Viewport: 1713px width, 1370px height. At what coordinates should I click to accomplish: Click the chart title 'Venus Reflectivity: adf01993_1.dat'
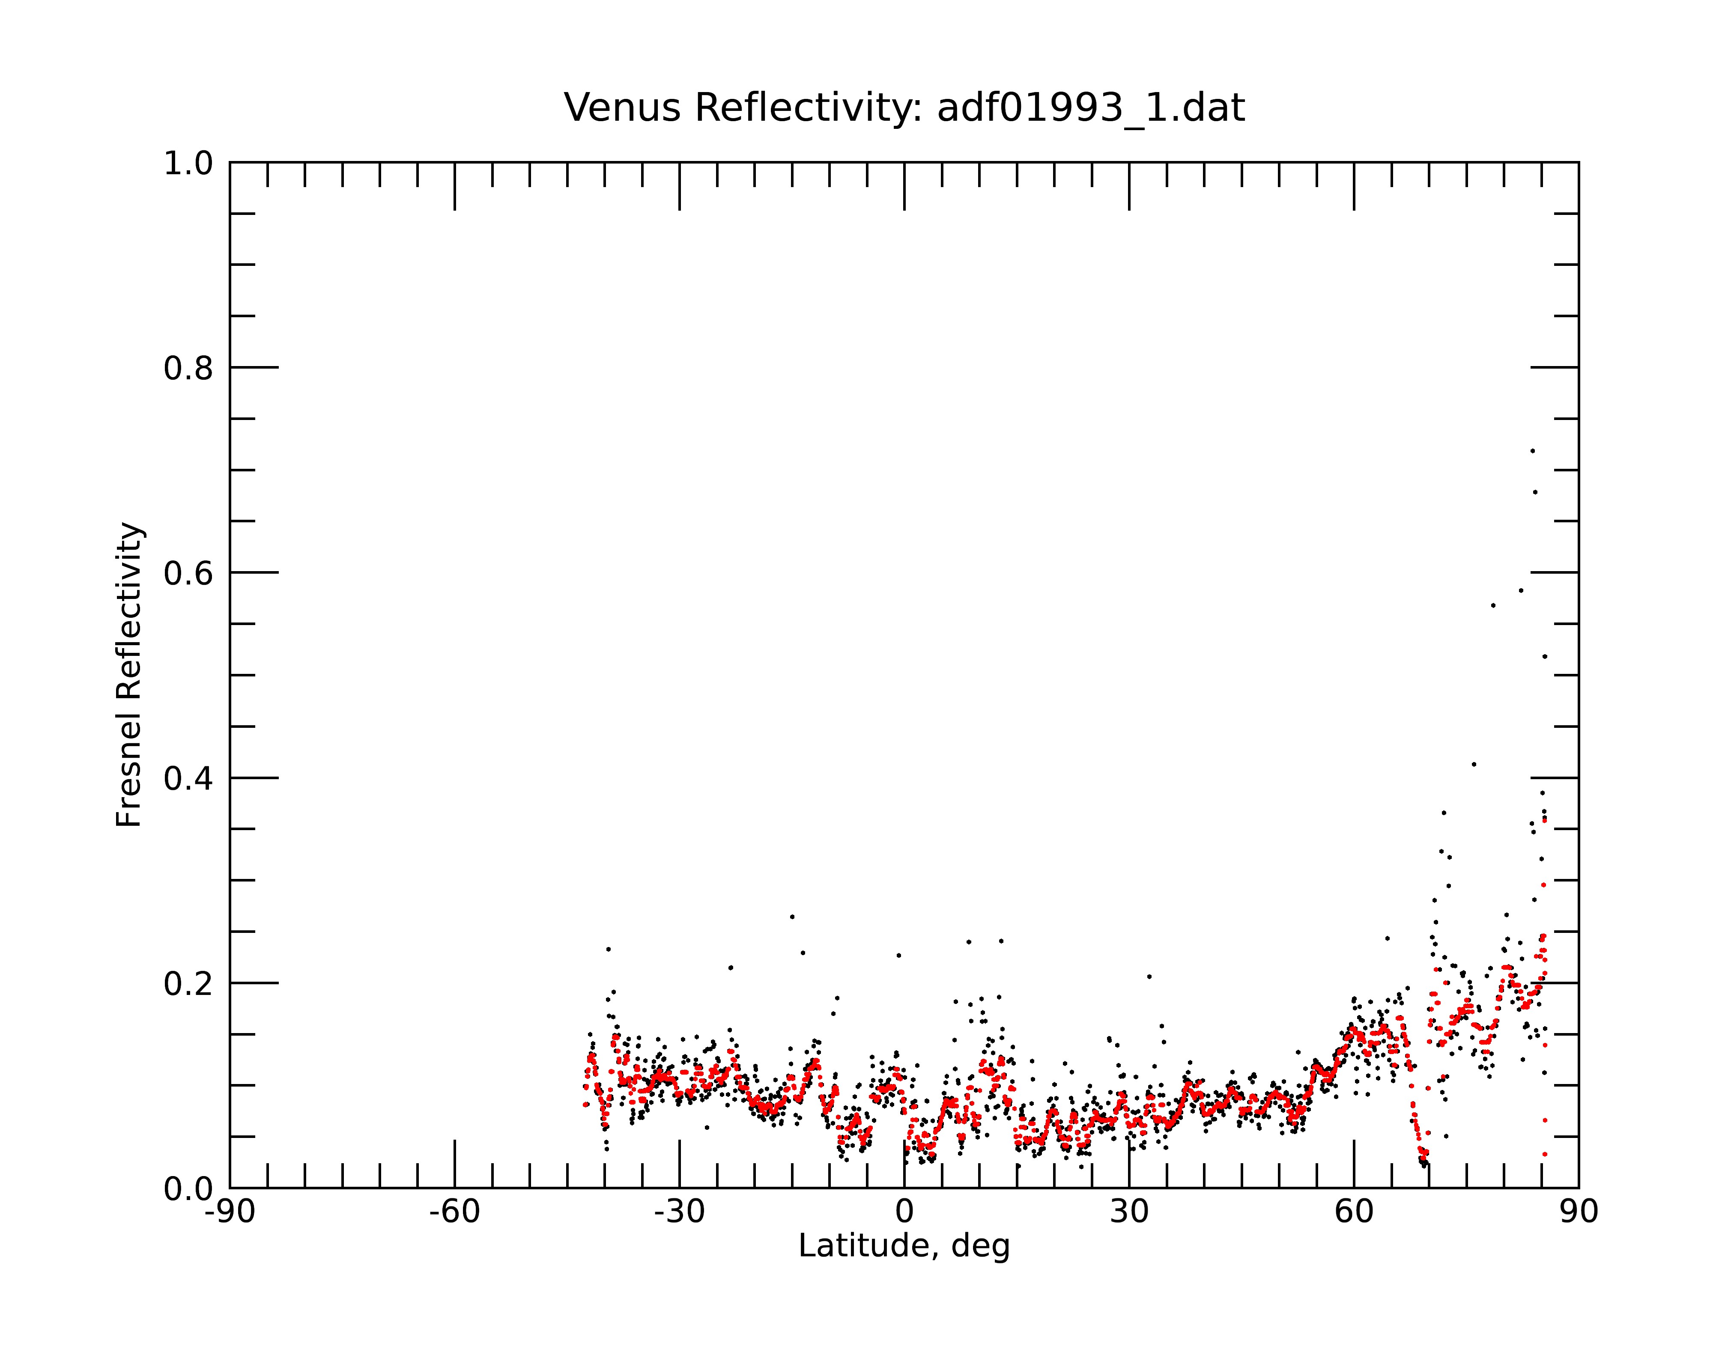click(904, 108)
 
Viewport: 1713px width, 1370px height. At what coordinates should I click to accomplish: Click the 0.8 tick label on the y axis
click(188, 369)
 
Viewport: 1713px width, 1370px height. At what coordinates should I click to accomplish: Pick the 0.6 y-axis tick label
click(188, 573)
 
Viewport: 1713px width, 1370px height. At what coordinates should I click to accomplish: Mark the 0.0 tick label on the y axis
click(188, 1189)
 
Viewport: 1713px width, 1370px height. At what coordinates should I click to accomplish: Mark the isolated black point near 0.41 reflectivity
click(1474, 764)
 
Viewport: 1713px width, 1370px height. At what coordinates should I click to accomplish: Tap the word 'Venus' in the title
click(622, 108)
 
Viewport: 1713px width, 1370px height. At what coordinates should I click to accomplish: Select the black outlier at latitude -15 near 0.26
click(792, 917)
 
